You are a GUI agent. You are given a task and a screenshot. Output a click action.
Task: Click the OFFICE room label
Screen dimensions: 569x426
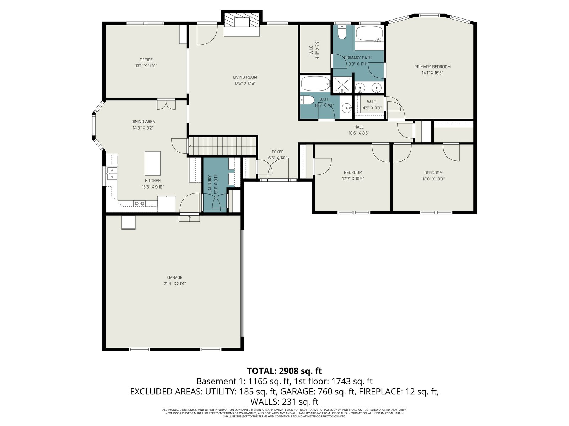(x=146, y=60)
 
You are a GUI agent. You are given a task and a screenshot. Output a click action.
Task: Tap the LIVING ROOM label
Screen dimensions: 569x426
(x=245, y=77)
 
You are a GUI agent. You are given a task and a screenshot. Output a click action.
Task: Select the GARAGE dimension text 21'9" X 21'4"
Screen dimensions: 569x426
(x=175, y=284)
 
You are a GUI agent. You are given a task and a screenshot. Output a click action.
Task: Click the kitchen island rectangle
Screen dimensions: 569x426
(x=153, y=163)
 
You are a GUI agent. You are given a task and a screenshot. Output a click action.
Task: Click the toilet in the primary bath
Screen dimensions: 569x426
(x=342, y=32)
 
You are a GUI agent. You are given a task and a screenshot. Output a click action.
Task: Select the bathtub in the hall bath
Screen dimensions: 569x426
(x=315, y=83)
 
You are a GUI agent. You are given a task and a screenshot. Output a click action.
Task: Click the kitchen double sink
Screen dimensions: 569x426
(x=112, y=173)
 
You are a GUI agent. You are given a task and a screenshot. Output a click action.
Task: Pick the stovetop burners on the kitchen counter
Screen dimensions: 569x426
(x=139, y=203)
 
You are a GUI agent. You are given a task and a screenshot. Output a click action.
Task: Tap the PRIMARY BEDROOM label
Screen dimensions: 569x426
(x=432, y=67)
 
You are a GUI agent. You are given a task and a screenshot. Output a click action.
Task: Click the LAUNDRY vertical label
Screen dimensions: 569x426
(x=210, y=184)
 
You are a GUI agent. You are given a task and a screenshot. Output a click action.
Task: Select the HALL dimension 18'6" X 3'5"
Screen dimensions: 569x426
(x=359, y=133)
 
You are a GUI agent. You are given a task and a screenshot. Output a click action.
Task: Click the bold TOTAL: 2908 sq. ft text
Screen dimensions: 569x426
(x=284, y=371)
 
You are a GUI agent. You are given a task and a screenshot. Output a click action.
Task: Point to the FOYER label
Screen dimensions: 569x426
(x=278, y=152)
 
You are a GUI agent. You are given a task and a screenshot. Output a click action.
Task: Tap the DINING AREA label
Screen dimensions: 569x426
(x=143, y=121)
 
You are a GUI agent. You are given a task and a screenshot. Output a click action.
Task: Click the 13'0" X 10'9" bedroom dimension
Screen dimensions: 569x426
(x=434, y=179)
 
